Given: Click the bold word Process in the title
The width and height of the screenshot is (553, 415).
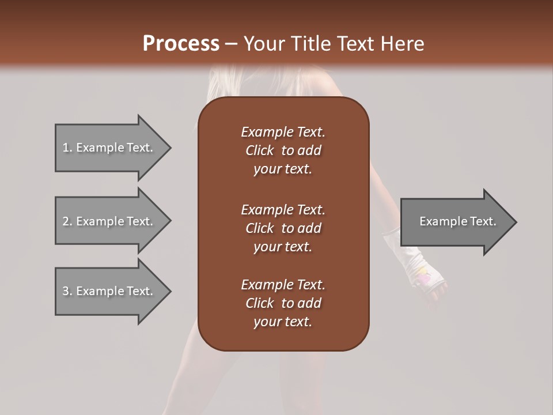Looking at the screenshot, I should (x=181, y=44).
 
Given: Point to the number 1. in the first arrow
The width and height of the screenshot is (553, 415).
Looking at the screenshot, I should (x=67, y=148).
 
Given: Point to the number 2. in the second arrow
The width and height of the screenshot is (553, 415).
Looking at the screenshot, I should (x=67, y=221).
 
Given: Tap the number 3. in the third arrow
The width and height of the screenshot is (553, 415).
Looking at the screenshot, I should (x=67, y=291).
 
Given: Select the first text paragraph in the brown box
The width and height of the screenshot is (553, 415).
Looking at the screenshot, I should (x=283, y=150).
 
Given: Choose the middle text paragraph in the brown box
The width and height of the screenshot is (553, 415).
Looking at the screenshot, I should (x=283, y=228).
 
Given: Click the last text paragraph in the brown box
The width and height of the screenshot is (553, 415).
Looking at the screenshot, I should (x=283, y=303).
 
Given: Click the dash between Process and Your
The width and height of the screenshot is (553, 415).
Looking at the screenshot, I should (x=231, y=44).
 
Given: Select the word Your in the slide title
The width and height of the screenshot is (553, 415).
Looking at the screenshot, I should (x=262, y=44).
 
